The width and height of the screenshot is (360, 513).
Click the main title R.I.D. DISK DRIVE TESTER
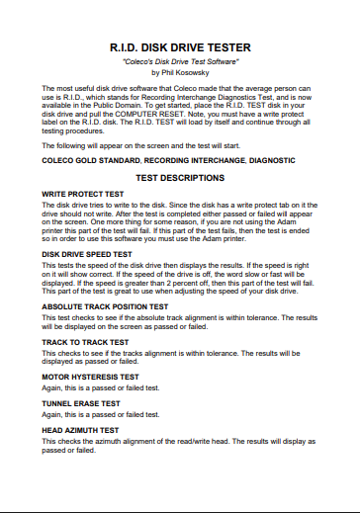coord(180,46)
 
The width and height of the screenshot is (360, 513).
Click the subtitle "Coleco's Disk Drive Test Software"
coord(180,61)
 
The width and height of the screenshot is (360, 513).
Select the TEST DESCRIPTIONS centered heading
coord(180,179)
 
